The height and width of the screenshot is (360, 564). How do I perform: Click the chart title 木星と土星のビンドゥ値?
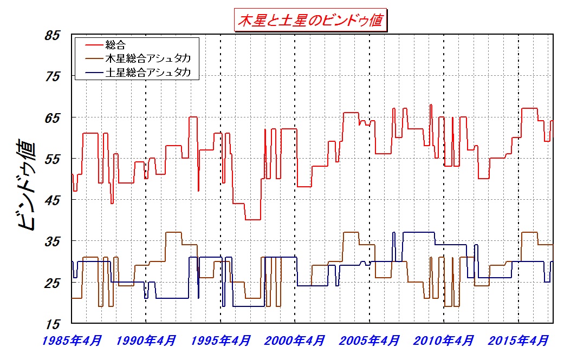pyautogui.click(x=310, y=21)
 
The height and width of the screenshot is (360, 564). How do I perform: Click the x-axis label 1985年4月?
pyautogui.click(x=72, y=341)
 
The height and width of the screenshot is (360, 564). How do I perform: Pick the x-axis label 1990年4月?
pyautogui.click(x=146, y=341)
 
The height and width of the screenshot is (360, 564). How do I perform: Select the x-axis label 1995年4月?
pyautogui.click(x=221, y=341)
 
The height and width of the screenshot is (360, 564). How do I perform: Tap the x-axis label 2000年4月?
pyautogui.click(x=295, y=341)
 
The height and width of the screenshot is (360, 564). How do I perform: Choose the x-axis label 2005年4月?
pyautogui.click(x=369, y=341)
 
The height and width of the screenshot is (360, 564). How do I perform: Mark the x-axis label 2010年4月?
pyautogui.click(x=444, y=341)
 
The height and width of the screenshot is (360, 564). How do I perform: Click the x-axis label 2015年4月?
pyautogui.click(x=518, y=341)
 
